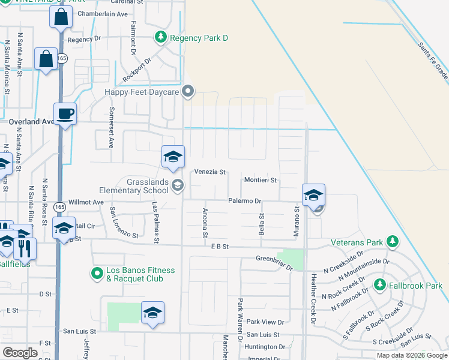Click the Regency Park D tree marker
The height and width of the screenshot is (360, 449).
[160, 38]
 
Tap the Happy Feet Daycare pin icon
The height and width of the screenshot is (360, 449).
[188, 92]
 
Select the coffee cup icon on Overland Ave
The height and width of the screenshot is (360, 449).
[65, 113]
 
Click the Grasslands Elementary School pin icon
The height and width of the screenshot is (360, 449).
[176, 185]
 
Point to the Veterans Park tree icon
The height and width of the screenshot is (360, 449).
[393, 242]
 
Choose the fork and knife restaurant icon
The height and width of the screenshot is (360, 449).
[25, 248]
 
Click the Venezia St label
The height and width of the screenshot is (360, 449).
[209, 173]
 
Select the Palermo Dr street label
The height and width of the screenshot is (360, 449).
[245, 202]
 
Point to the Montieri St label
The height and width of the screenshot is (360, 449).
[261, 180]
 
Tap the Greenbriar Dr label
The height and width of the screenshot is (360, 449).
[274, 264]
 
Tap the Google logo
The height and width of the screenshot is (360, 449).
[20, 353]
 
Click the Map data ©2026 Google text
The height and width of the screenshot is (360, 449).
[411, 355]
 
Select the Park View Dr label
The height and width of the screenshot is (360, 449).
[265, 322]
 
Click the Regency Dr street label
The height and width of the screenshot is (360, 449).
[85, 39]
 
